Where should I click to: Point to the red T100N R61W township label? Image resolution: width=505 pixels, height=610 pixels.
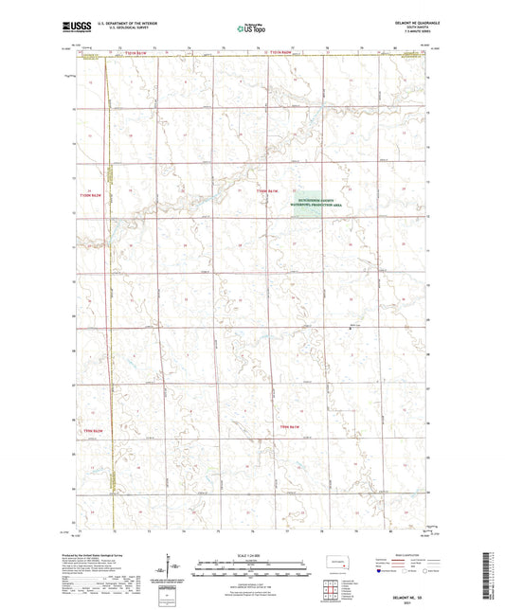click(269, 192)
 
